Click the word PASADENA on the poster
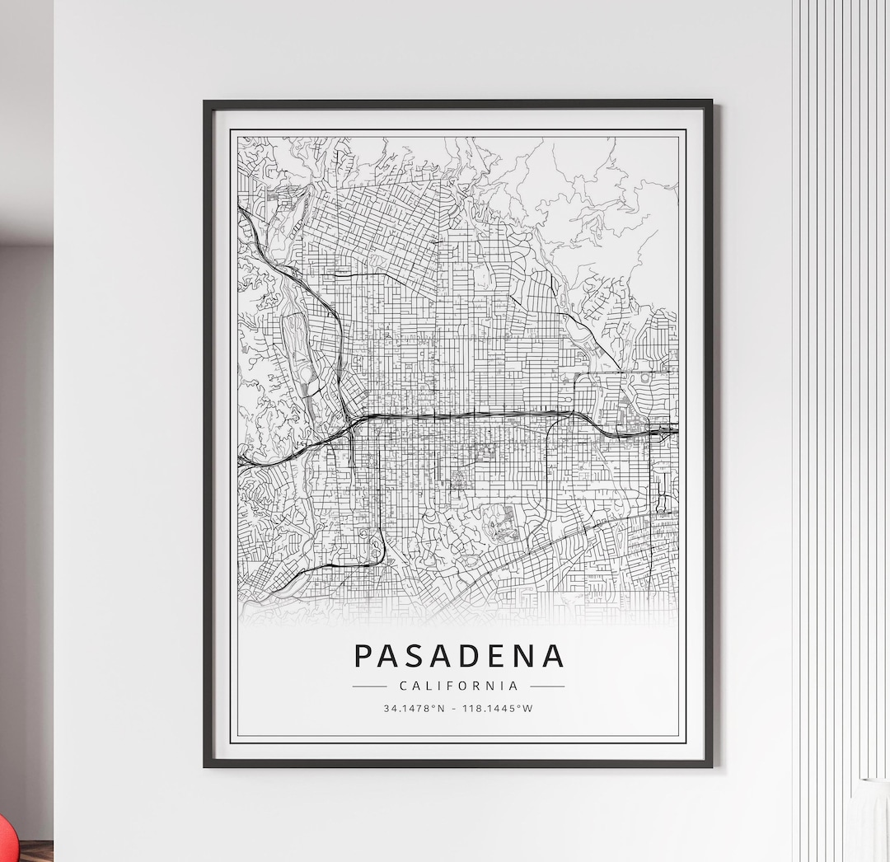[x=459, y=656]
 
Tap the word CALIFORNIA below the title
[x=459, y=686]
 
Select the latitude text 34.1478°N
[x=414, y=708]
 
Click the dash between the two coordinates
[x=456, y=708]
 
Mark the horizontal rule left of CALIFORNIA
[x=369, y=686]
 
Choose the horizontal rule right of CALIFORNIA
[x=547, y=686]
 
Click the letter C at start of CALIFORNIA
[x=403, y=686]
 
